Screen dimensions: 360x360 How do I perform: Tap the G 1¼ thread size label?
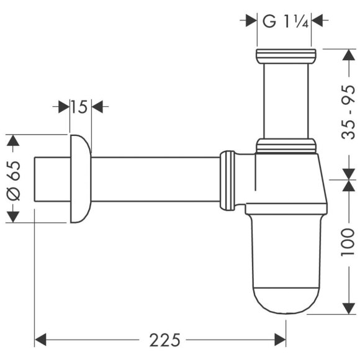point(283,20)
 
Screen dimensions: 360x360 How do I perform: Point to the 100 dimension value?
point(350,245)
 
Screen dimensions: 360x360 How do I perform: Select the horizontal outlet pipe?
point(155,178)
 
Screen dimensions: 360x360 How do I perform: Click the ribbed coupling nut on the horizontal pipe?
point(228,178)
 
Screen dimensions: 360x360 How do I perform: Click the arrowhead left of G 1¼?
point(251,20)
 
